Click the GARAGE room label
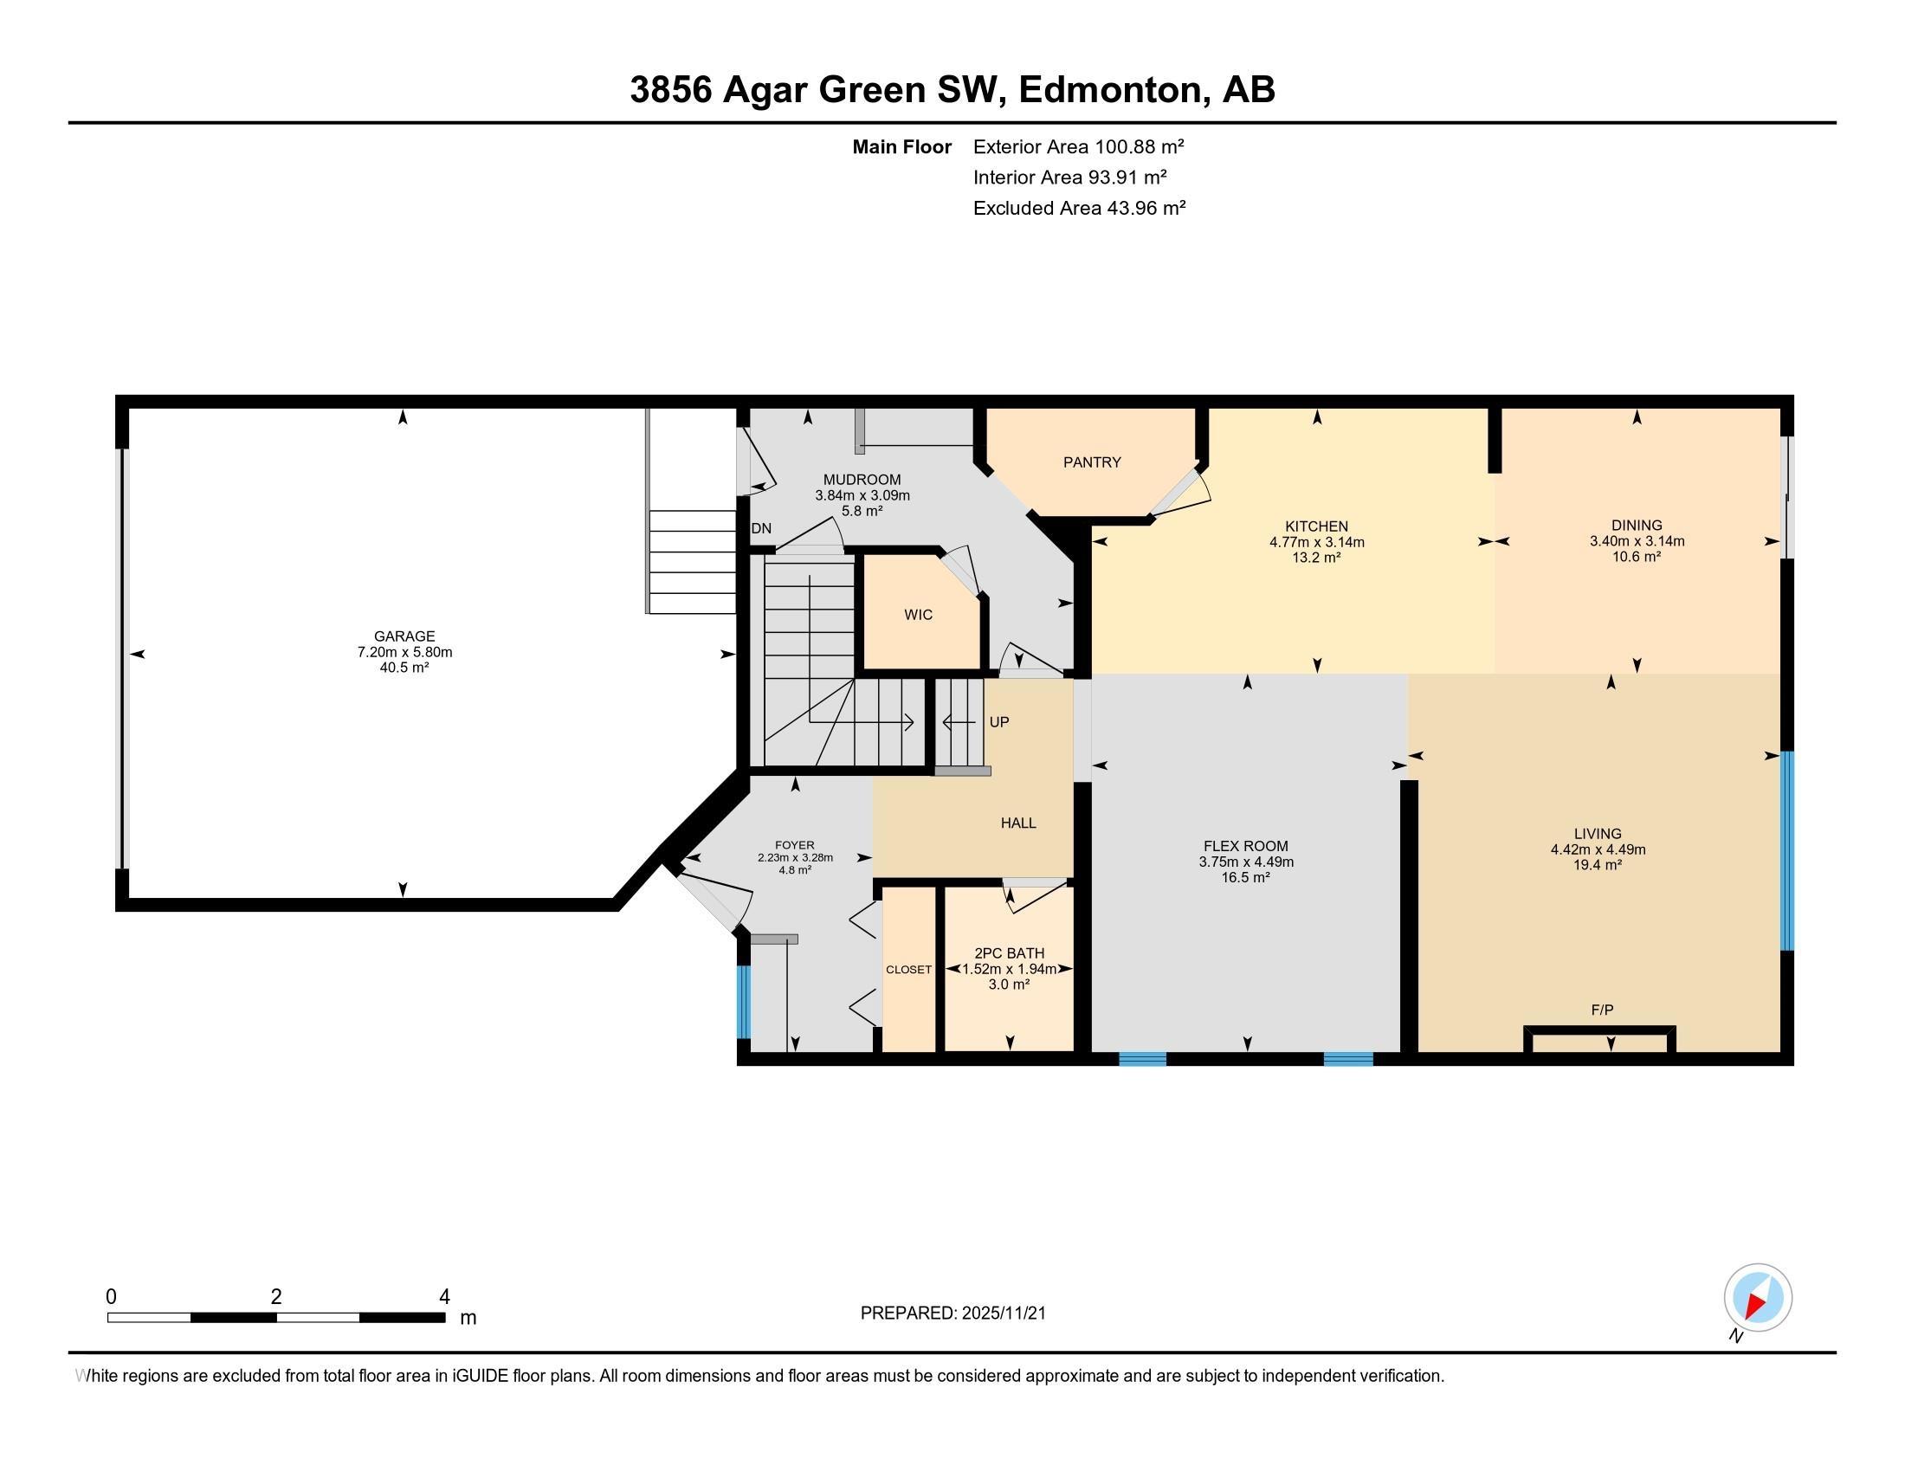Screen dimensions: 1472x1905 click(x=404, y=636)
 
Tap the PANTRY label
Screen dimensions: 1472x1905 click(x=1091, y=462)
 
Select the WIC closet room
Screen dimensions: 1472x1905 click(x=919, y=615)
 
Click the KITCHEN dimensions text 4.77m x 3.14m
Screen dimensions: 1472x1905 click(x=1316, y=541)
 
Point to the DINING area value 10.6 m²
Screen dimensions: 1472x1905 click(x=1636, y=557)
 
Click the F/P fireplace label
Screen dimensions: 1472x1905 click(x=1601, y=1010)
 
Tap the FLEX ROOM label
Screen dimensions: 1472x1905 click(x=1244, y=846)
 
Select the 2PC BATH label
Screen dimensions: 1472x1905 click(x=1009, y=953)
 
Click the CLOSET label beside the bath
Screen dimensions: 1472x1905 click(x=908, y=970)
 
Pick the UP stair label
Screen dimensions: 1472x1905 click(x=998, y=722)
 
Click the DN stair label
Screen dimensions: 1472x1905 click(x=760, y=528)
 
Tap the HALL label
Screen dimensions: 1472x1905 click(x=1018, y=823)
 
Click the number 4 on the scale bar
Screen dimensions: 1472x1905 click(x=444, y=1297)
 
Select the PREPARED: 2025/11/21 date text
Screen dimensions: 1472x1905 click(x=953, y=1314)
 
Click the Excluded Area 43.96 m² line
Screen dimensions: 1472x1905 click(x=1078, y=208)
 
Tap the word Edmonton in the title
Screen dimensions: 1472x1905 click(x=1108, y=90)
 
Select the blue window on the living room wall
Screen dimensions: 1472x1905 click(x=1786, y=850)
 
